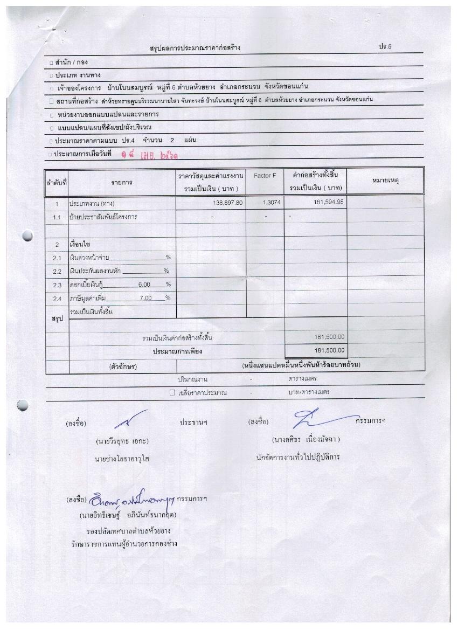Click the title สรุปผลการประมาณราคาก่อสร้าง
pyautogui.click(x=195, y=48)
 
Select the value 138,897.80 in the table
pyautogui.click(x=225, y=203)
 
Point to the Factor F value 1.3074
pyautogui.click(x=265, y=203)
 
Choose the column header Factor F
pyautogui.click(x=265, y=176)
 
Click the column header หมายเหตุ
pyautogui.click(x=385, y=182)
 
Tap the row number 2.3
pyautogui.click(x=57, y=285)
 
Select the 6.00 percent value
pyautogui.click(x=144, y=285)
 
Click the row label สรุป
pyautogui.click(x=57, y=319)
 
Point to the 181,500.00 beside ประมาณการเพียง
pyautogui.click(x=329, y=351)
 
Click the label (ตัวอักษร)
pyautogui.click(x=123, y=366)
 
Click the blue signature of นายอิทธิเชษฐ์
pyautogui.click(x=133, y=499)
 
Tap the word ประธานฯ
pyautogui.click(x=193, y=423)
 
